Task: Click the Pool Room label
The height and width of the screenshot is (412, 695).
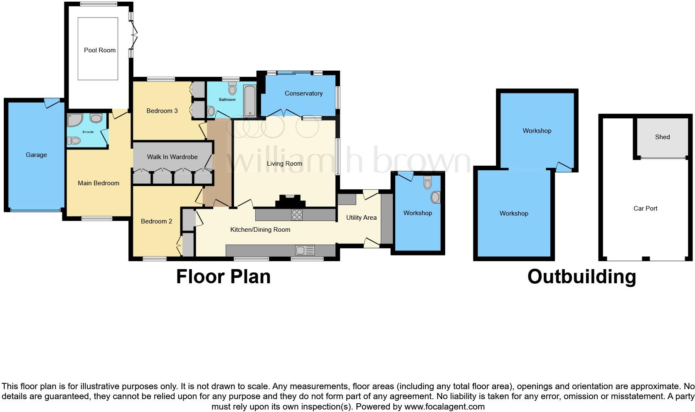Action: pyautogui.click(x=100, y=50)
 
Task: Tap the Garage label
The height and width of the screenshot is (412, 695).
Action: pyautogui.click(x=36, y=155)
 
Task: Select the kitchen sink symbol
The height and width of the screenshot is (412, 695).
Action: pyautogui.click(x=305, y=250)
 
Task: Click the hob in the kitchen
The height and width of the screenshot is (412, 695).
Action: pyautogui.click(x=297, y=215)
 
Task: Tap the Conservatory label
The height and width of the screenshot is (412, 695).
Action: pyautogui.click(x=303, y=93)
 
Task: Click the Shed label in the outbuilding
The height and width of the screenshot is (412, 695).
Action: pyautogui.click(x=662, y=137)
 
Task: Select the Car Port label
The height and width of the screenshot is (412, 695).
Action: pyautogui.click(x=645, y=208)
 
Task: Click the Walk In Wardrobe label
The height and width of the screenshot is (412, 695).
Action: pyautogui.click(x=172, y=157)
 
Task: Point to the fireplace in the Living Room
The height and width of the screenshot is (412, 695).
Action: pyautogui.click(x=290, y=201)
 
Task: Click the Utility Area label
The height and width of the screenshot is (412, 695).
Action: pyautogui.click(x=361, y=218)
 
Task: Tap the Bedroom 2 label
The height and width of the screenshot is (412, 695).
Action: pyautogui.click(x=156, y=221)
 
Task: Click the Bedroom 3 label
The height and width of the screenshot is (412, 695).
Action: pyautogui.click(x=162, y=111)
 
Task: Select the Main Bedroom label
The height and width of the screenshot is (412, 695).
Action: pyautogui.click(x=99, y=183)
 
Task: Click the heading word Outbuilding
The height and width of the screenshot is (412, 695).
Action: pyautogui.click(x=582, y=277)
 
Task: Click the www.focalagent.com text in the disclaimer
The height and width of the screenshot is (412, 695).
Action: pyautogui.click(x=444, y=407)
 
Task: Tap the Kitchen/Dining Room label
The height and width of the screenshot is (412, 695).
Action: pyautogui.click(x=260, y=230)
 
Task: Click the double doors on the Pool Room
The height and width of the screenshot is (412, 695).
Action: pyautogui.click(x=134, y=35)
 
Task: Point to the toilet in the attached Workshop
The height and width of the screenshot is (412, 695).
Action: pyautogui.click(x=427, y=183)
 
